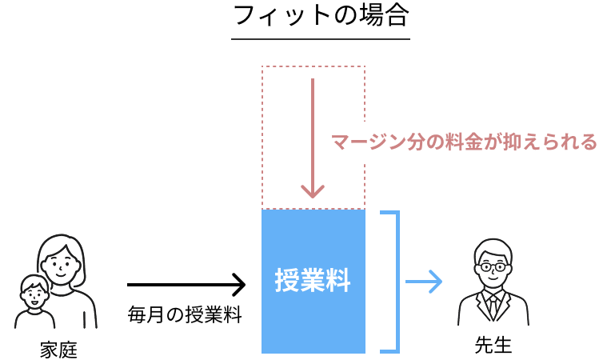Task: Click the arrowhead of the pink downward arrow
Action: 313,192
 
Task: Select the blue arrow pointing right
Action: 424,281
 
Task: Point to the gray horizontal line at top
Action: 320,38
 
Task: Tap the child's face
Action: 33,294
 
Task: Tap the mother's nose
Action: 60,265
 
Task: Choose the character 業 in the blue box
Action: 313,281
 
